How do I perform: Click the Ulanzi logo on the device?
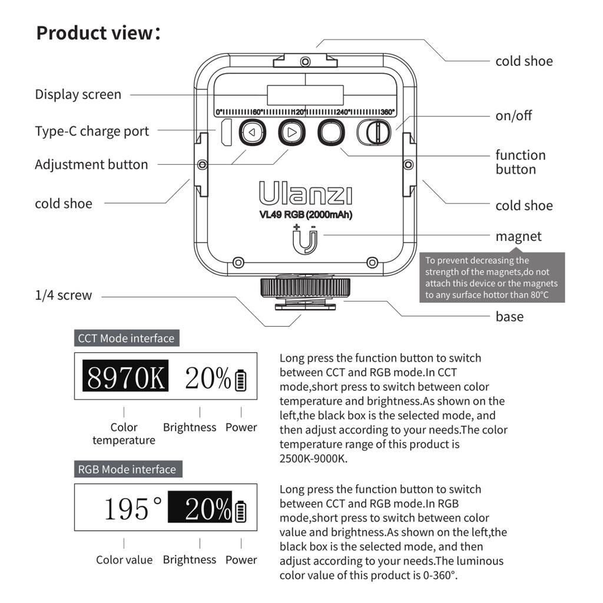pos(305,194)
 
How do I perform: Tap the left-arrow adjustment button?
pos(252,132)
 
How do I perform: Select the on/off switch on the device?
pos(374,132)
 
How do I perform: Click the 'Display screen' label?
pos(78,94)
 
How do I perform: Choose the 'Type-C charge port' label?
pos(92,131)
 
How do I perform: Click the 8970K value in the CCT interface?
pos(125,377)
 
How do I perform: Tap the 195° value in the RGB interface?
pos(133,508)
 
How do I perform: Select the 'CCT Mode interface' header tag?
pos(127,338)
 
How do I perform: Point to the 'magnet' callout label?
pos(518,236)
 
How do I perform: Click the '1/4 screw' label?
pos(64,295)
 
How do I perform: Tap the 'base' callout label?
pos(509,316)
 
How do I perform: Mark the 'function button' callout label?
pos(521,162)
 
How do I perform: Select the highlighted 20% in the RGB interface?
pos(200,508)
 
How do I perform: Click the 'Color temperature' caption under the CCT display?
pos(124,433)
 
